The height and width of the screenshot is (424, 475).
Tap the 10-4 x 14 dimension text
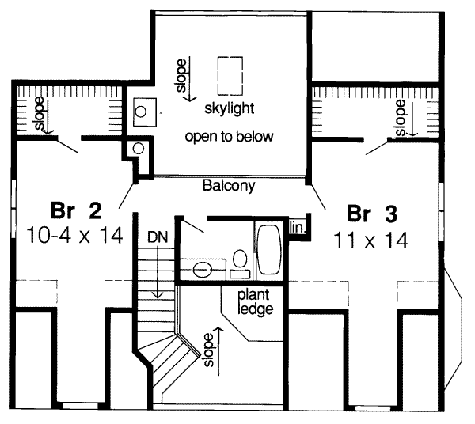click(x=76, y=236)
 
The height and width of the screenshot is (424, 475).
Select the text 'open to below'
click(x=229, y=136)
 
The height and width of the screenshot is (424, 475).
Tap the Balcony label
click(x=228, y=187)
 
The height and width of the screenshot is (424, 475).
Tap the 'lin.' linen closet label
click(x=297, y=228)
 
